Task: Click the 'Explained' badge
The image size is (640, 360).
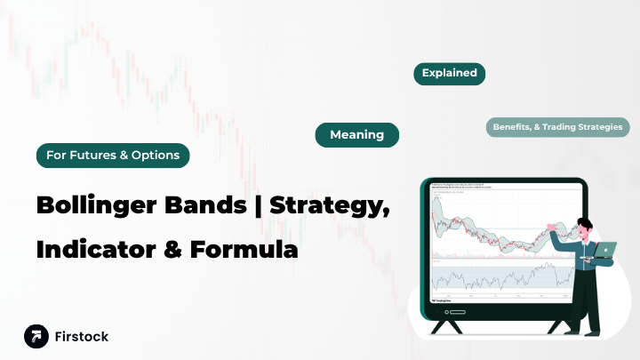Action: [x=449, y=74]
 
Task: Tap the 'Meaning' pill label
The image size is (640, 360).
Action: [x=356, y=135]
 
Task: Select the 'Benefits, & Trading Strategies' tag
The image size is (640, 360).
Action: [x=558, y=127]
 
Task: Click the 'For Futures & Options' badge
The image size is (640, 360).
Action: [x=112, y=156]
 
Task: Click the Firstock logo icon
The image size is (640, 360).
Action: [x=36, y=337]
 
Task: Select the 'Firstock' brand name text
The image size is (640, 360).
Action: [x=82, y=337]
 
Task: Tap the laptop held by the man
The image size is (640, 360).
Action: [x=605, y=251]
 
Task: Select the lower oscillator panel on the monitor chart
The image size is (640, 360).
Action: [x=498, y=278]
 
